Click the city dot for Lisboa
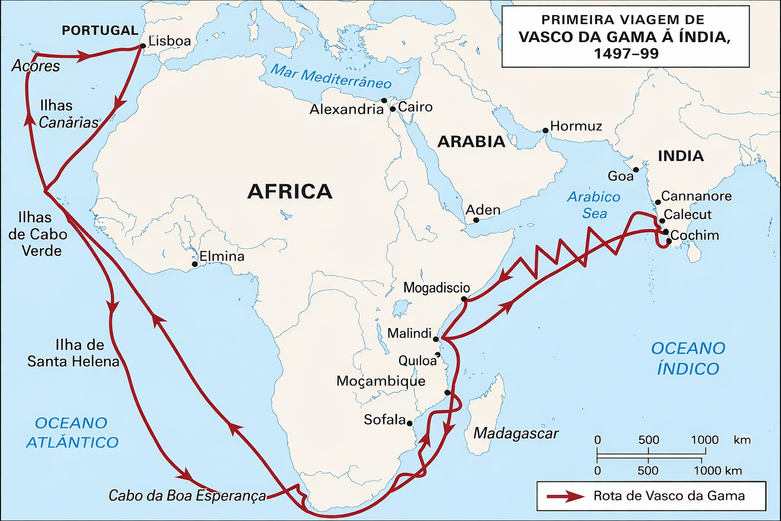(143, 46)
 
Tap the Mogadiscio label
(436, 288)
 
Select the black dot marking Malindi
(436, 339)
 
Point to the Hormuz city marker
(546, 131)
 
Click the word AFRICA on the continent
(290, 192)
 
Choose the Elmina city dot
(195, 265)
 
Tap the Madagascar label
(516, 433)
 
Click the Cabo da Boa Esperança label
(187, 496)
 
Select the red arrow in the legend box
(565, 496)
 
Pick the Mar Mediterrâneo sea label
(331, 76)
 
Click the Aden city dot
(476, 220)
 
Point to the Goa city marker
(636, 169)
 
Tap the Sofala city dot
(410, 423)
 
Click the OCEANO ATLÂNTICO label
(72, 432)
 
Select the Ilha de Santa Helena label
(73, 353)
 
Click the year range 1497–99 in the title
(626, 53)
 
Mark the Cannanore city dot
(657, 202)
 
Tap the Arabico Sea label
(594, 205)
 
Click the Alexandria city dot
(384, 101)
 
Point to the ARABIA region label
(471, 141)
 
